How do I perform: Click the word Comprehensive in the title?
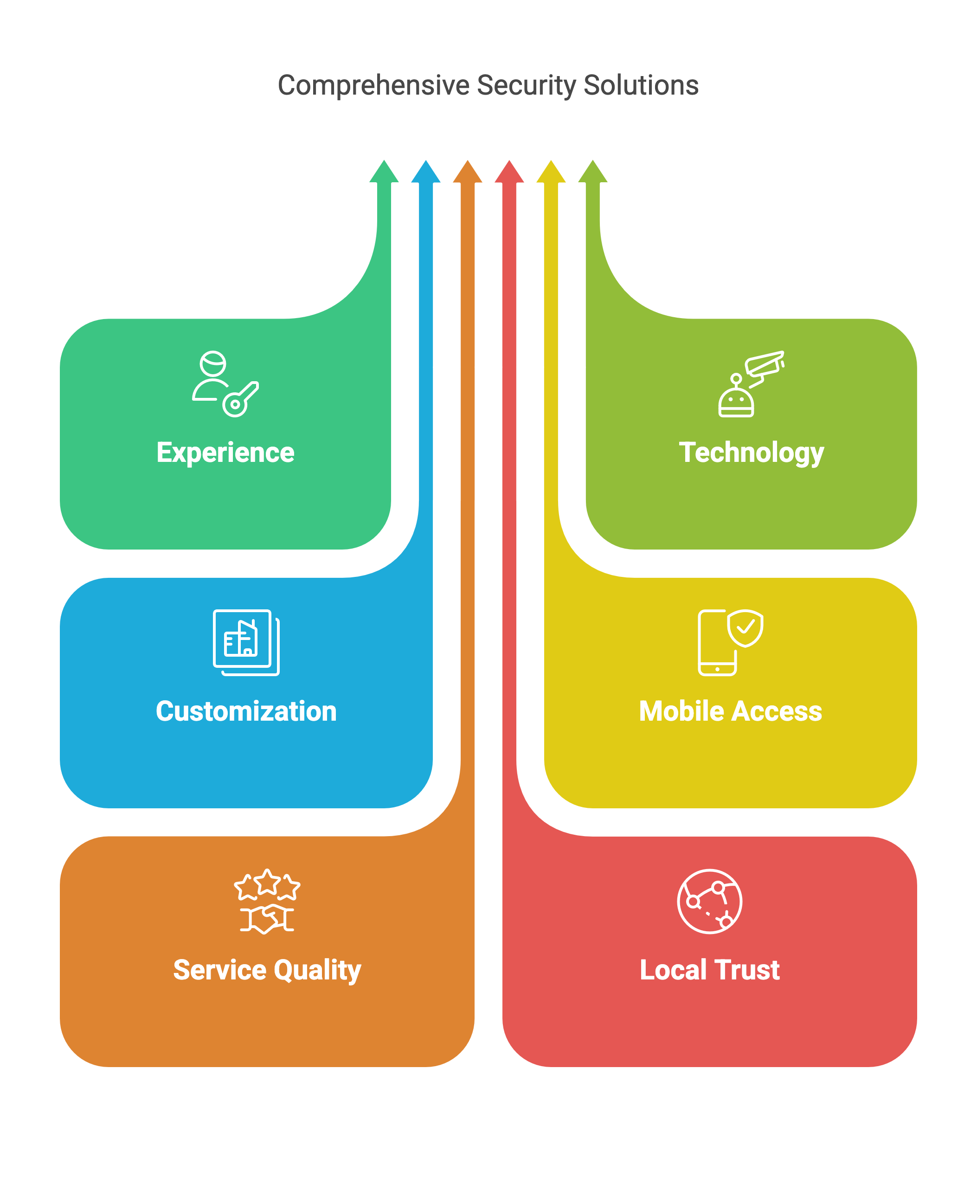[x=373, y=86]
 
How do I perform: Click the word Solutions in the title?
[x=641, y=86]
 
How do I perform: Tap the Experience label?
[x=225, y=452]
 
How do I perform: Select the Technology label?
[x=751, y=452]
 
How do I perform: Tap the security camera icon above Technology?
[x=751, y=384]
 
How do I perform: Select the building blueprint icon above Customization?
[x=246, y=642]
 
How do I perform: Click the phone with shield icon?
[x=730, y=642]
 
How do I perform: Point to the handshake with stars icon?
[x=267, y=901]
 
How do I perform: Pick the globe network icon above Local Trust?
[x=710, y=901]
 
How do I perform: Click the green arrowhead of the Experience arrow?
[x=384, y=172]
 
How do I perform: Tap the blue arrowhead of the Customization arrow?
[x=426, y=172]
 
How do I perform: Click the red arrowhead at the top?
[x=509, y=172]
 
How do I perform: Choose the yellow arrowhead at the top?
[x=551, y=172]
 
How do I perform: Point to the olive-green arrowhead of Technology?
[x=592, y=172]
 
